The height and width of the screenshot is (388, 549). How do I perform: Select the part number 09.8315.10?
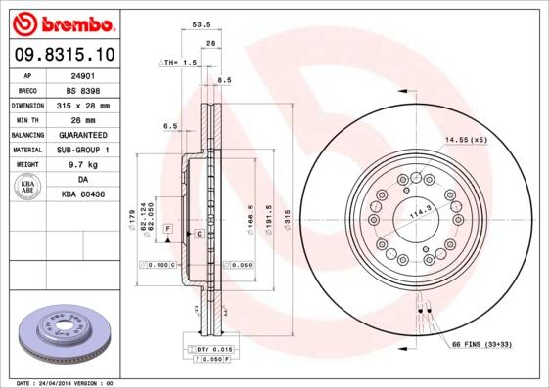pyautogui.click(x=63, y=54)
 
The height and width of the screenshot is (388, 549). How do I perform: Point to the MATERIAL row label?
pyautogui.click(x=26, y=150)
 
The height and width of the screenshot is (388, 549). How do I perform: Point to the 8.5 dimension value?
pyautogui.click(x=224, y=80)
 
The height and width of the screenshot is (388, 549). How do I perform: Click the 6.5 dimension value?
pyautogui.click(x=170, y=126)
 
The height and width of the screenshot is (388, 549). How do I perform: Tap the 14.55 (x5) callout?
pyautogui.click(x=466, y=141)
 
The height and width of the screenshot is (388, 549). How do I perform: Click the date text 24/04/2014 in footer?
pyautogui.click(x=67, y=383)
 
